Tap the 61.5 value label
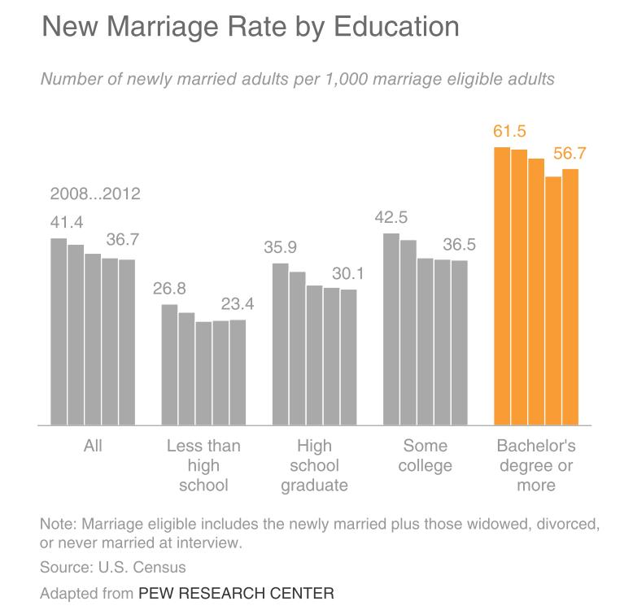pyautogui.click(x=509, y=132)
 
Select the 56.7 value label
pyautogui.click(x=570, y=153)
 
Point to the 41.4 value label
pyautogui.click(x=67, y=222)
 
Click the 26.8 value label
pyautogui.click(x=169, y=289)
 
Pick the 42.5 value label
pyautogui.click(x=391, y=217)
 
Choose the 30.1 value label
pyautogui.click(x=347, y=273)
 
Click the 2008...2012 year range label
pyautogui.click(x=95, y=194)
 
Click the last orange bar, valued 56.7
pyautogui.click(x=570, y=297)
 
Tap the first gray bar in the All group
pyautogui.click(x=59, y=332)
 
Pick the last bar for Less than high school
pyautogui.click(x=238, y=373)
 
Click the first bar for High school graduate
pyautogui.click(x=280, y=344)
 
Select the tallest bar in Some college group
pyautogui.click(x=391, y=329)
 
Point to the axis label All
pyautogui.click(x=93, y=447)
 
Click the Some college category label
pyautogui.click(x=426, y=456)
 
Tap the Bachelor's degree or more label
pyautogui.click(x=536, y=466)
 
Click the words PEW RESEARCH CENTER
pyautogui.click(x=236, y=593)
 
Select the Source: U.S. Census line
pyautogui.click(x=113, y=568)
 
